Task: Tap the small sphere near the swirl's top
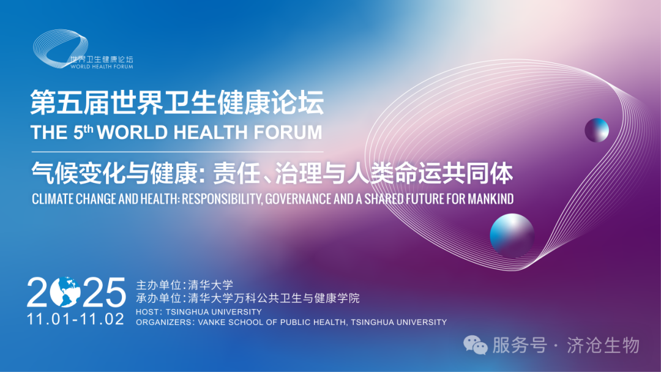tap(596, 130)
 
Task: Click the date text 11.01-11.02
tap(75, 319)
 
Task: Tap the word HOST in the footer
tap(148, 312)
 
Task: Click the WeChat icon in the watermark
tap(475, 345)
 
